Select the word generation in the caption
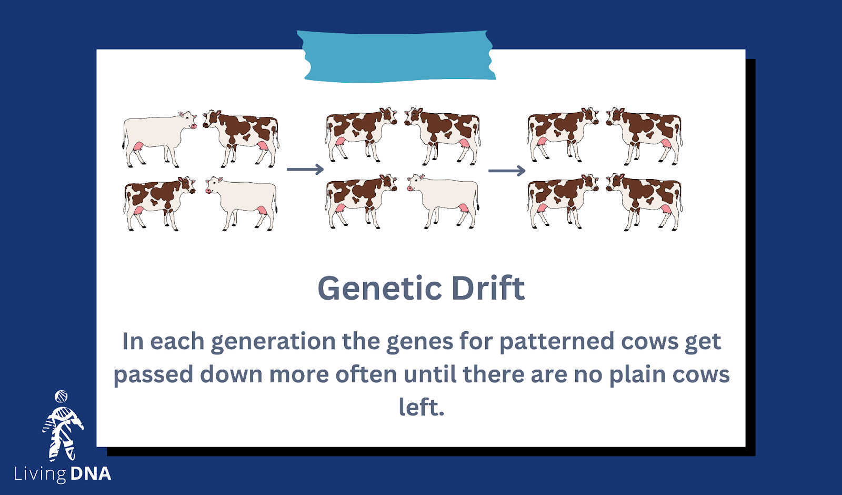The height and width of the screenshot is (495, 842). click(x=273, y=342)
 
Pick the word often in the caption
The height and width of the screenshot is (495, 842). click(x=366, y=374)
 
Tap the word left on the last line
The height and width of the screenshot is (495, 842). click(x=421, y=407)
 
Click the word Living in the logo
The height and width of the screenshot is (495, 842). click(x=39, y=474)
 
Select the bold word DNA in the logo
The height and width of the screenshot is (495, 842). click(x=91, y=473)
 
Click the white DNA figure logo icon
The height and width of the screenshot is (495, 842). click(x=63, y=426)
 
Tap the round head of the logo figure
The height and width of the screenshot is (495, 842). click(x=61, y=397)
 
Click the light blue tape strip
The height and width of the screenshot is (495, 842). click(x=396, y=56)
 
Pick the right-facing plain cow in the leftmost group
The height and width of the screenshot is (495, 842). click(x=159, y=139)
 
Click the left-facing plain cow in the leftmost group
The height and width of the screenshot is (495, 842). click(x=242, y=203)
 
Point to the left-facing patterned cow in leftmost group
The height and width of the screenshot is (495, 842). click(x=242, y=138)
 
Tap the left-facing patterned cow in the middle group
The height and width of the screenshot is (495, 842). click(x=443, y=136)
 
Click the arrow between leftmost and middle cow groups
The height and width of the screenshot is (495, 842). click(x=305, y=169)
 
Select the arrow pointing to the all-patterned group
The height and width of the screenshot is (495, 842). click(x=507, y=171)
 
